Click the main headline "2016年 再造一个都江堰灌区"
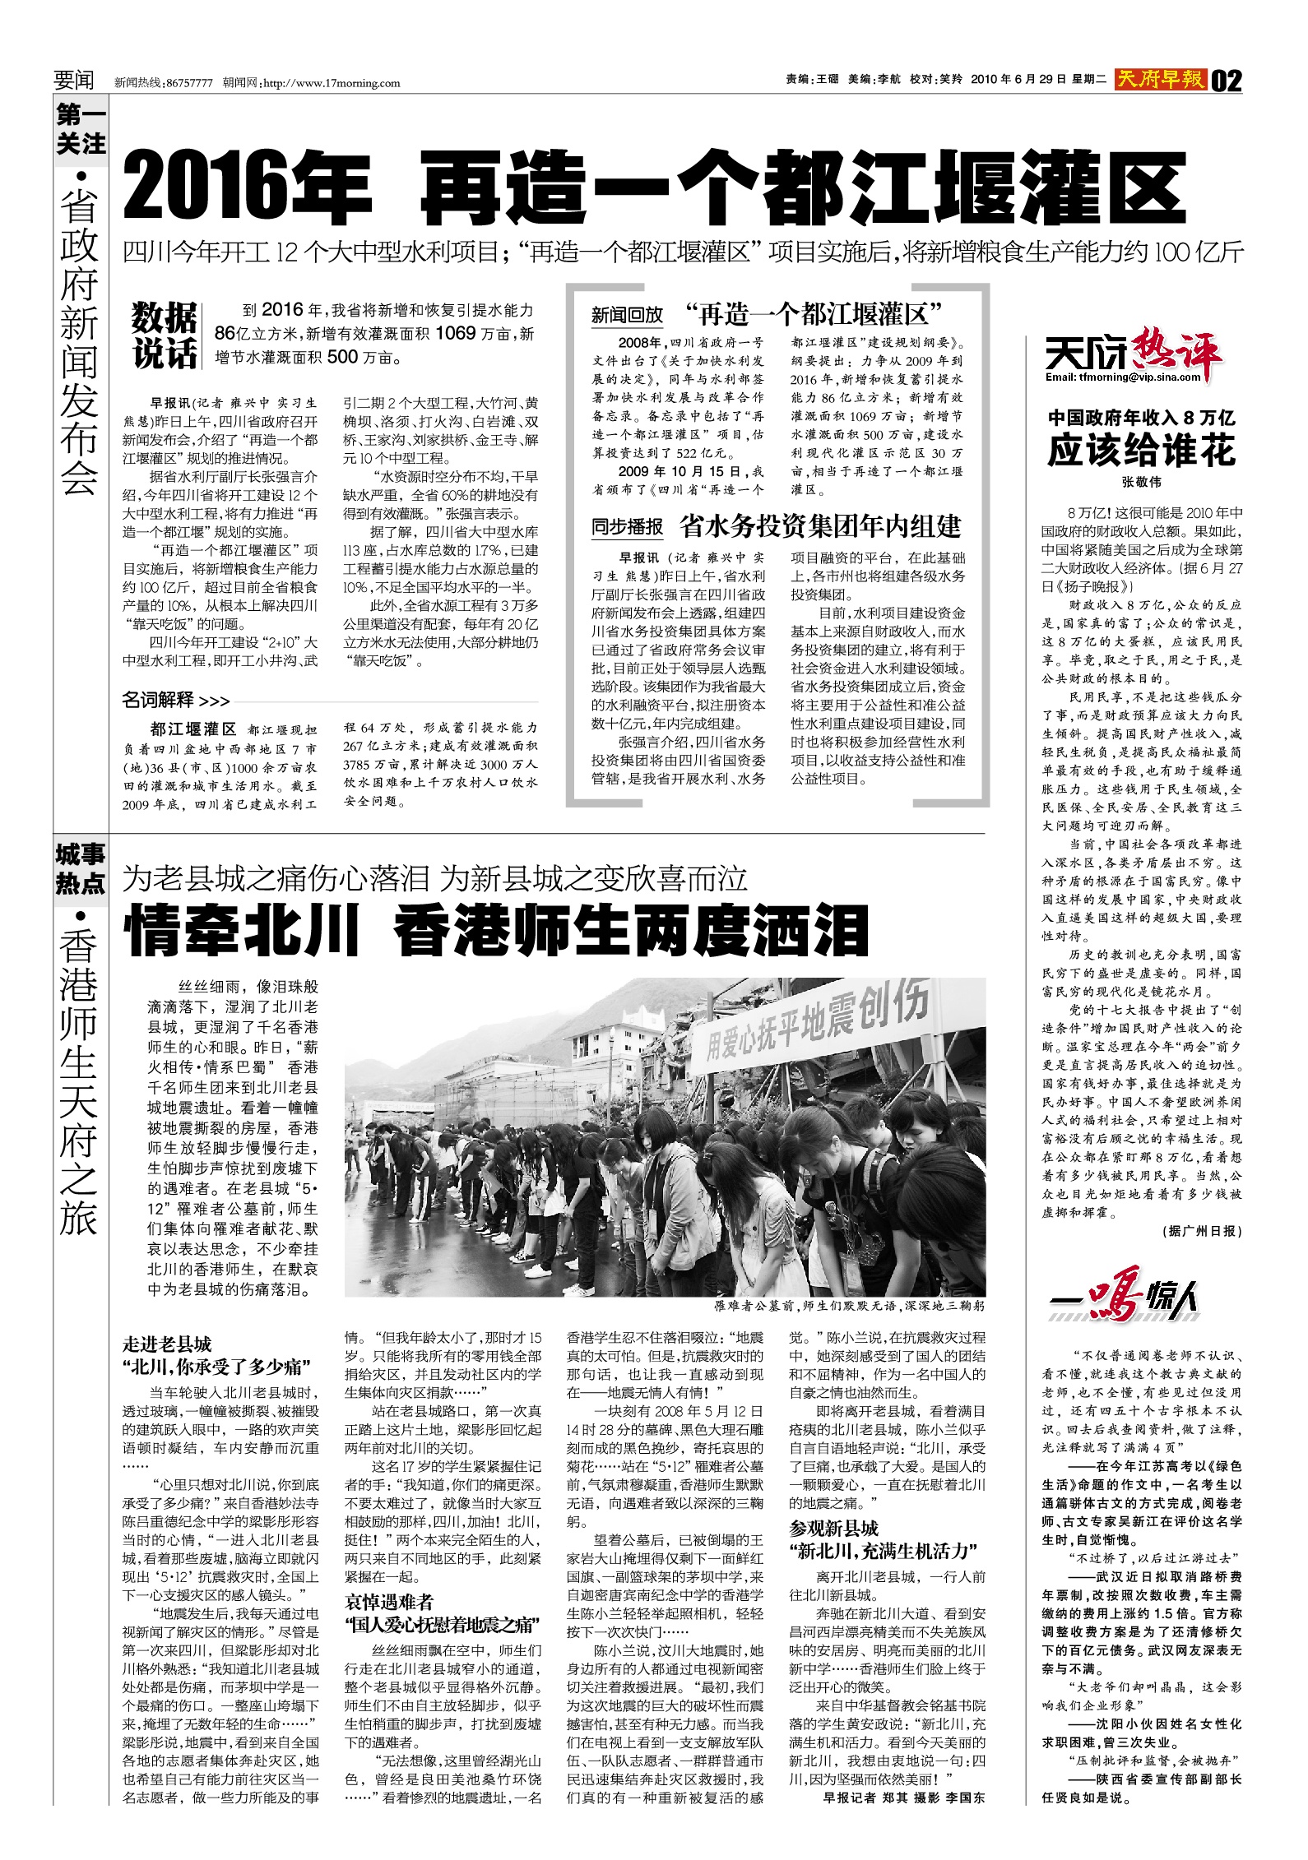click(x=654, y=187)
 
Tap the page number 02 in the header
click(x=1226, y=81)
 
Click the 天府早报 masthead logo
click(x=1160, y=80)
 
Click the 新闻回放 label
click(x=627, y=315)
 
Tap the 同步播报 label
click(x=627, y=526)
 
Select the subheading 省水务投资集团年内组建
click(x=820, y=525)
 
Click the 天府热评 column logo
click(x=1134, y=359)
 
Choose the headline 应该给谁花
click(x=1141, y=451)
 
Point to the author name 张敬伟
click(x=1141, y=483)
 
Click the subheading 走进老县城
click(x=167, y=1344)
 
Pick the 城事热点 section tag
click(x=81, y=868)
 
